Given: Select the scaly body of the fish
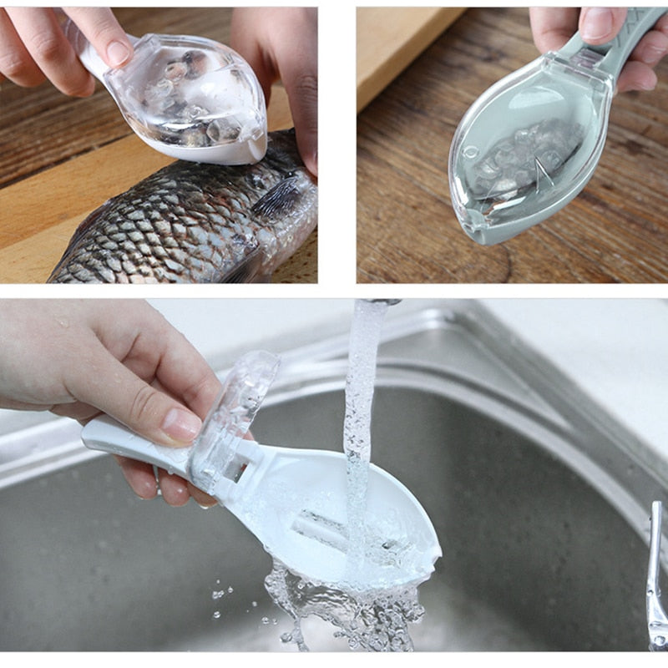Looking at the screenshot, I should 167,234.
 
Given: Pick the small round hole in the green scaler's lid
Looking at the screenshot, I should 472,152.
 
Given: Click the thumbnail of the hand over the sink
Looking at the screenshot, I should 180,424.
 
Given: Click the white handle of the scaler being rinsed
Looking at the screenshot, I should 134,438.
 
